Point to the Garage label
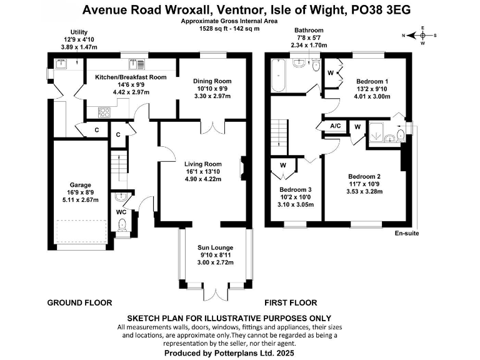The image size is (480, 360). coord(81,185)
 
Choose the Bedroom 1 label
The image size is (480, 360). coord(372,82)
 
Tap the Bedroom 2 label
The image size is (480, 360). coord(364,176)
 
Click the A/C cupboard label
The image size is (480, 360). coord(336,126)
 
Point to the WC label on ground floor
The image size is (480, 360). coord(121,212)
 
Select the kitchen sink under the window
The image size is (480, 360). coord(136,63)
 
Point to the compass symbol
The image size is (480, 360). coord(422,35)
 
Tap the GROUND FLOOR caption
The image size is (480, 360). coord(80,302)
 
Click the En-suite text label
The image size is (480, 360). coord(406,234)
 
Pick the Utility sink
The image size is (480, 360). coord(62,63)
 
